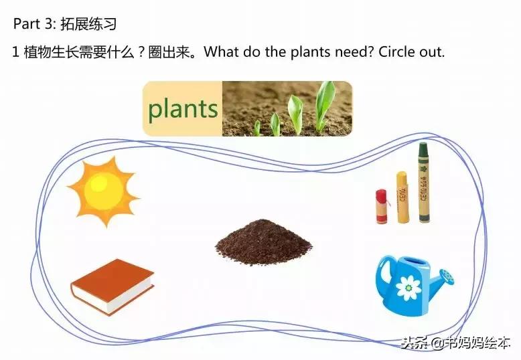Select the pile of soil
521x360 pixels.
(x=263, y=242)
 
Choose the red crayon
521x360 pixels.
(x=382, y=205)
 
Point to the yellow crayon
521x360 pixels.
(x=402, y=197)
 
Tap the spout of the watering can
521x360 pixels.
(x=443, y=276)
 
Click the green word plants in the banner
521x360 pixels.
(x=183, y=109)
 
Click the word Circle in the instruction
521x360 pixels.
(x=398, y=52)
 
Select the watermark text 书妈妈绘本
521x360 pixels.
(x=478, y=343)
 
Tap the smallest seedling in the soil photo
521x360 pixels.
(x=256, y=127)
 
